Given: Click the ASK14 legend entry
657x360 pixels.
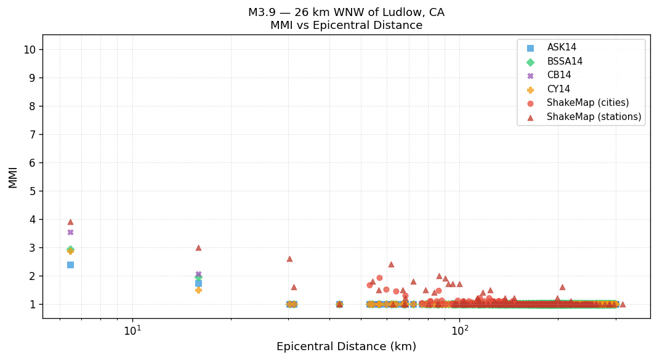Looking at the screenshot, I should [562, 47].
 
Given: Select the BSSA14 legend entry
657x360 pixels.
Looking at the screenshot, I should [565, 62].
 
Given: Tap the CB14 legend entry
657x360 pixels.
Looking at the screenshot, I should [558, 75].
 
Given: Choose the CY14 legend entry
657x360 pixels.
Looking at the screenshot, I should [558, 89].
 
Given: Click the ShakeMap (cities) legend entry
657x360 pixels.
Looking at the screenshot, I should [587, 103].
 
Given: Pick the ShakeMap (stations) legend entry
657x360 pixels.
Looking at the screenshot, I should [594, 117].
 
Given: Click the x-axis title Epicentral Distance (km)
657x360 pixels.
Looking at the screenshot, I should [346, 346].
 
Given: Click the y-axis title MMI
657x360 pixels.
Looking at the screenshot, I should [13, 177].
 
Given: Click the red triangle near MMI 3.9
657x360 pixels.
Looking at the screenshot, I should [70, 222].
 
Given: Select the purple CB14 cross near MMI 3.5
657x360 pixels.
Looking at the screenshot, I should [70, 232].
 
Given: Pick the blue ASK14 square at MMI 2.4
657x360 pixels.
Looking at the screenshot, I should [70, 265].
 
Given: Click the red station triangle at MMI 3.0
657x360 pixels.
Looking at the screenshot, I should [198, 247].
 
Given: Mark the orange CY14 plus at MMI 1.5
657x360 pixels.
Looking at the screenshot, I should [198, 290].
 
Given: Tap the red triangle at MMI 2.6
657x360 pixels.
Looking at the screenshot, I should [289, 258].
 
